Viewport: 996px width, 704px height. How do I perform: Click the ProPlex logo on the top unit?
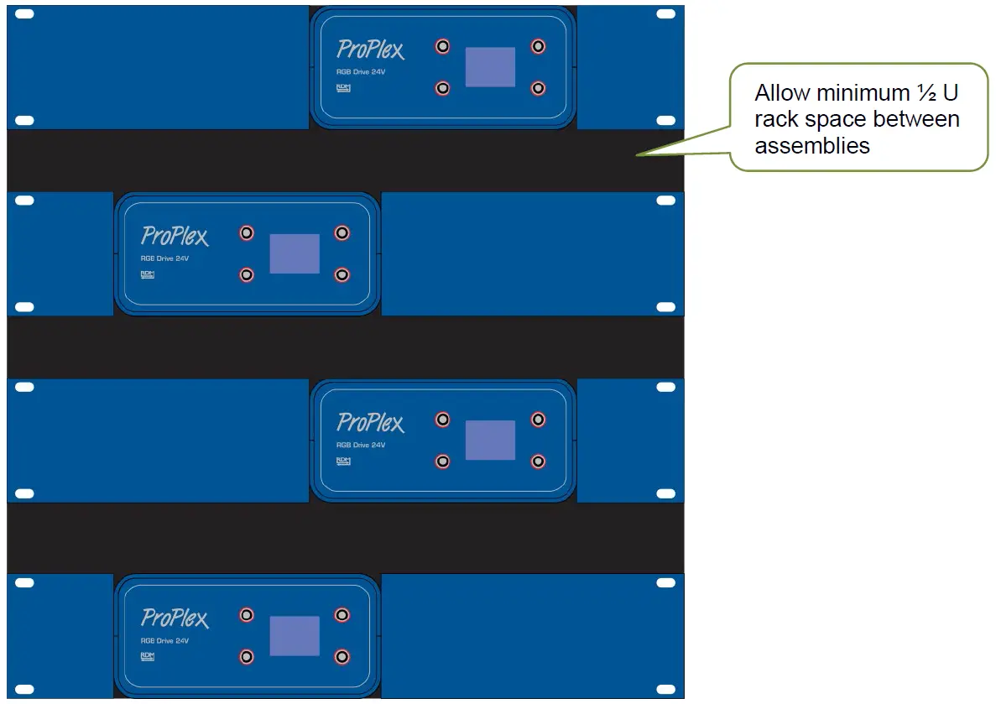point(370,50)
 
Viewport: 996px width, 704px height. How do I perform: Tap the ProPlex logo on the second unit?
point(175,236)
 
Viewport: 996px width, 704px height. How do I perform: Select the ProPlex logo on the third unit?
point(370,423)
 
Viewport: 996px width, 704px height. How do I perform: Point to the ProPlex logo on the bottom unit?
point(175,618)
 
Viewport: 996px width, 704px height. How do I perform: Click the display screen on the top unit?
point(490,67)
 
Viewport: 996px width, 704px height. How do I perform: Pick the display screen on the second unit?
point(295,253)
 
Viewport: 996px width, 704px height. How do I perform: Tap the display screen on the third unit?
point(490,441)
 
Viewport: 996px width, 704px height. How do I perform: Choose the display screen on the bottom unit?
point(295,636)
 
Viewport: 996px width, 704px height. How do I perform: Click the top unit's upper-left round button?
point(442,46)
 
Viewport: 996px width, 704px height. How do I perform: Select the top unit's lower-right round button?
point(538,87)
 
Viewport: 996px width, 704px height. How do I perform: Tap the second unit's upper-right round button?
point(342,232)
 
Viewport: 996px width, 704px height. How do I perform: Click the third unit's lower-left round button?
point(442,461)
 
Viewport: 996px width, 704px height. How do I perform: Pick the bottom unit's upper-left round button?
point(247,615)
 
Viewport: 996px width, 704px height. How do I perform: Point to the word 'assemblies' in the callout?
point(811,146)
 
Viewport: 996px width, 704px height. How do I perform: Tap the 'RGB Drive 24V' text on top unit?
point(361,72)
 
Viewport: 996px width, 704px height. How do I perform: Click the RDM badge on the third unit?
point(343,461)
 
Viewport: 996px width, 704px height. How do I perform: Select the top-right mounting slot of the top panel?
point(665,14)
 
